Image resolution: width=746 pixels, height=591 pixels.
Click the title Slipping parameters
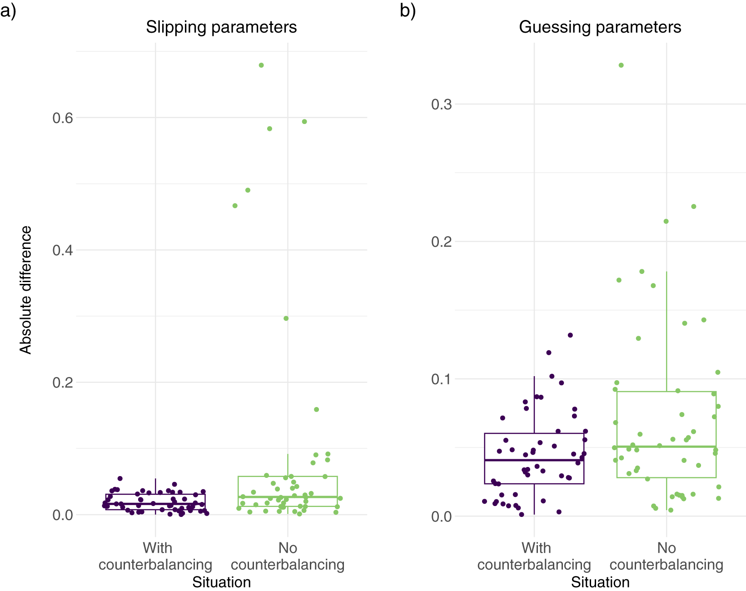pyautogui.click(x=221, y=27)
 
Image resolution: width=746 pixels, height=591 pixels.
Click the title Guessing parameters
pyautogui.click(x=600, y=27)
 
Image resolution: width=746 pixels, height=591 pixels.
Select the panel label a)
pyautogui.click(x=8, y=11)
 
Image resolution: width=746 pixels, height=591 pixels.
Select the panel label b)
pyautogui.click(x=408, y=11)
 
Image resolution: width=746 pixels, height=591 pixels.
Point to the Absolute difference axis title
pyautogui.click(x=25, y=290)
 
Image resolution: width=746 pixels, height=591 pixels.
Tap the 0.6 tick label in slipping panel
pyautogui.click(x=63, y=118)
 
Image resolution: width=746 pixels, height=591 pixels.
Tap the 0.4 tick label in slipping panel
pyautogui.click(x=63, y=250)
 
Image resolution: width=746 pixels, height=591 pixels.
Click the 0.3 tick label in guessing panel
pyautogui.click(x=441, y=104)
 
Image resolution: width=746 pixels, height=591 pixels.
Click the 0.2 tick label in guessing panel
pyautogui.click(x=441, y=242)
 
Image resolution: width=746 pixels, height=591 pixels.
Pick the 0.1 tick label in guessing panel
pyautogui.click(x=441, y=379)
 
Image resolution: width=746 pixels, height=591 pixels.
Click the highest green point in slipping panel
pyautogui.click(x=261, y=65)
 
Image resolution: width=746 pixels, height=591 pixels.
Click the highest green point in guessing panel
pyautogui.click(x=621, y=65)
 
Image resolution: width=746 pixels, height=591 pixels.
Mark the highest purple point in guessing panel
pyautogui.click(x=570, y=335)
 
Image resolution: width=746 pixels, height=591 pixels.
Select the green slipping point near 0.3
pyautogui.click(x=286, y=318)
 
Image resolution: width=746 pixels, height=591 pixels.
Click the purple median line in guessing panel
pyautogui.click(x=534, y=460)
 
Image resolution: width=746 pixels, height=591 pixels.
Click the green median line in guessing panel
pyautogui.click(x=666, y=447)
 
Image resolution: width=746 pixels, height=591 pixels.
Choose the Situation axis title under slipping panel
pyautogui.click(x=222, y=583)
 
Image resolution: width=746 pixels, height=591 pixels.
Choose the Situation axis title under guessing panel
pyautogui.click(x=601, y=583)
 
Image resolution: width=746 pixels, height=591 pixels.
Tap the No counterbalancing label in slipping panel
pyautogui.click(x=288, y=556)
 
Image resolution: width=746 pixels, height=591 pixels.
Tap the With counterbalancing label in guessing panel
pyautogui.click(x=534, y=556)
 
